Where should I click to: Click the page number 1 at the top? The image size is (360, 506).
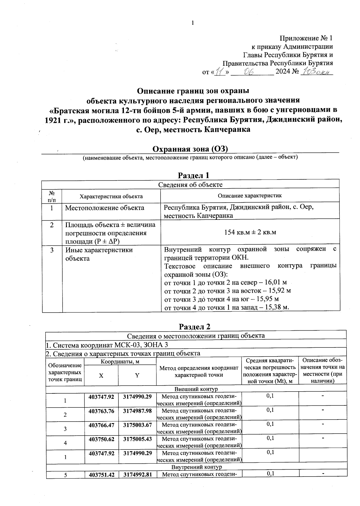click(x=193, y=23)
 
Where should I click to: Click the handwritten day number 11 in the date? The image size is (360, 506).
click(x=220, y=72)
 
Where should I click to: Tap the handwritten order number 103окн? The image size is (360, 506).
click(x=316, y=71)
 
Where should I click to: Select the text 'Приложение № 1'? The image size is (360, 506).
click(x=306, y=38)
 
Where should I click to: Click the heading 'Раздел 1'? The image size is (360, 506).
click(x=193, y=175)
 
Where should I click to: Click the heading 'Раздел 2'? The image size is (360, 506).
click(x=195, y=326)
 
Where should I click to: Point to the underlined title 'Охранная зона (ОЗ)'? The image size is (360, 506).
click(x=190, y=149)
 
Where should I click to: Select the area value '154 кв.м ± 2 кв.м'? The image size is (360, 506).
click(x=250, y=232)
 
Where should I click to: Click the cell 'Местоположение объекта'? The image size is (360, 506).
click(x=104, y=208)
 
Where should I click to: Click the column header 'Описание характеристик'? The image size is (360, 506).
click(x=250, y=196)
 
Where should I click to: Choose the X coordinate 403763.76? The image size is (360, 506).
click(x=101, y=411)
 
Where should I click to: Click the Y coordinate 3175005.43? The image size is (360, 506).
click(x=137, y=439)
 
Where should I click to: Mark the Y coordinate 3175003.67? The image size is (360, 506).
click(x=137, y=425)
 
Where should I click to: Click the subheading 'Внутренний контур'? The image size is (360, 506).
click(x=196, y=467)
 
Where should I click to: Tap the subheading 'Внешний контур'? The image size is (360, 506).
click(x=196, y=389)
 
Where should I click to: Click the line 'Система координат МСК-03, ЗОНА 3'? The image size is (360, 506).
click(x=110, y=345)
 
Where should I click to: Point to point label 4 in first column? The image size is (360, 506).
click(x=65, y=443)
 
